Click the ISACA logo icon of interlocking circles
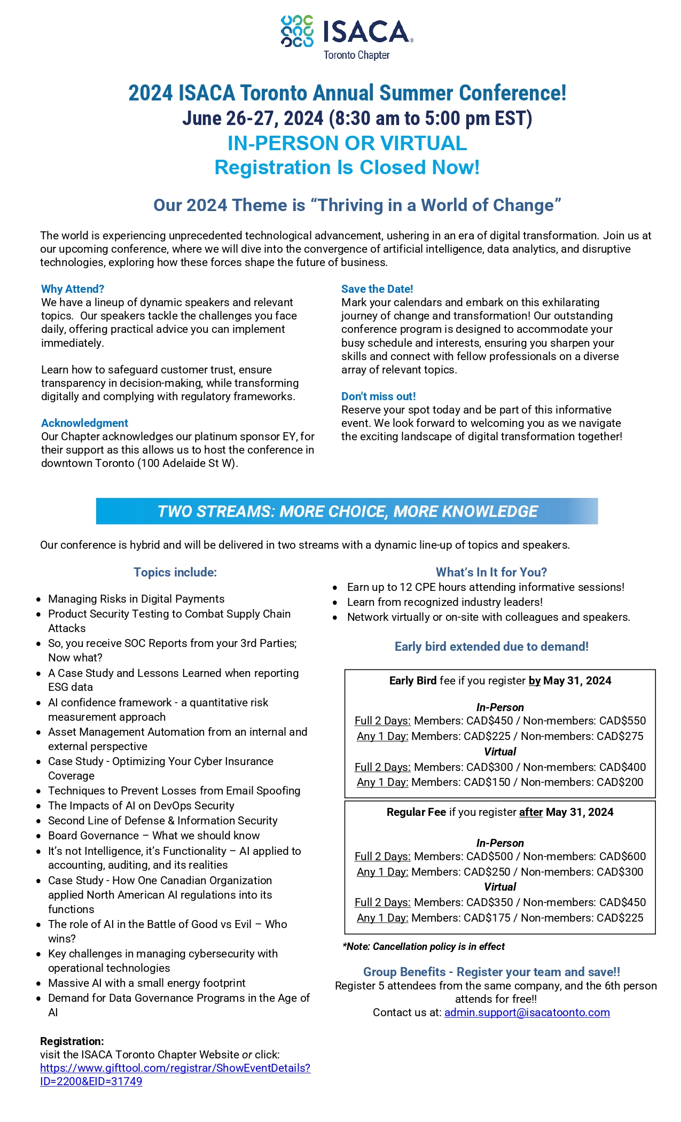[x=297, y=31]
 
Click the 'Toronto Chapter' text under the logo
[x=356, y=55]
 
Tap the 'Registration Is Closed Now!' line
[x=347, y=167]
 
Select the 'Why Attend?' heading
[x=73, y=289]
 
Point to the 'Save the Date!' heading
[x=377, y=289]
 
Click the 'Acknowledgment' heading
[x=84, y=423]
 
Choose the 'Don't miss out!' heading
[x=378, y=396]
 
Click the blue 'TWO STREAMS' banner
[x=347, y=511]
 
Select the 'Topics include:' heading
[x=175, y=572]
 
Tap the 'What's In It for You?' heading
[x=491, y=572]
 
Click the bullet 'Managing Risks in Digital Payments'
[x=136, y=599]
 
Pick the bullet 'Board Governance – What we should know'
[x=154, y=836]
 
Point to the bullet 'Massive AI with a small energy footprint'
[x=147, y=983]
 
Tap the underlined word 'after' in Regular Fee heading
[x=530, y=812]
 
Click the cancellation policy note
[x=424, y=947]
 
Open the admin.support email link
[x=527, y=1012]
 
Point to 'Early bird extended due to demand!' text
[x=491, y=646]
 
